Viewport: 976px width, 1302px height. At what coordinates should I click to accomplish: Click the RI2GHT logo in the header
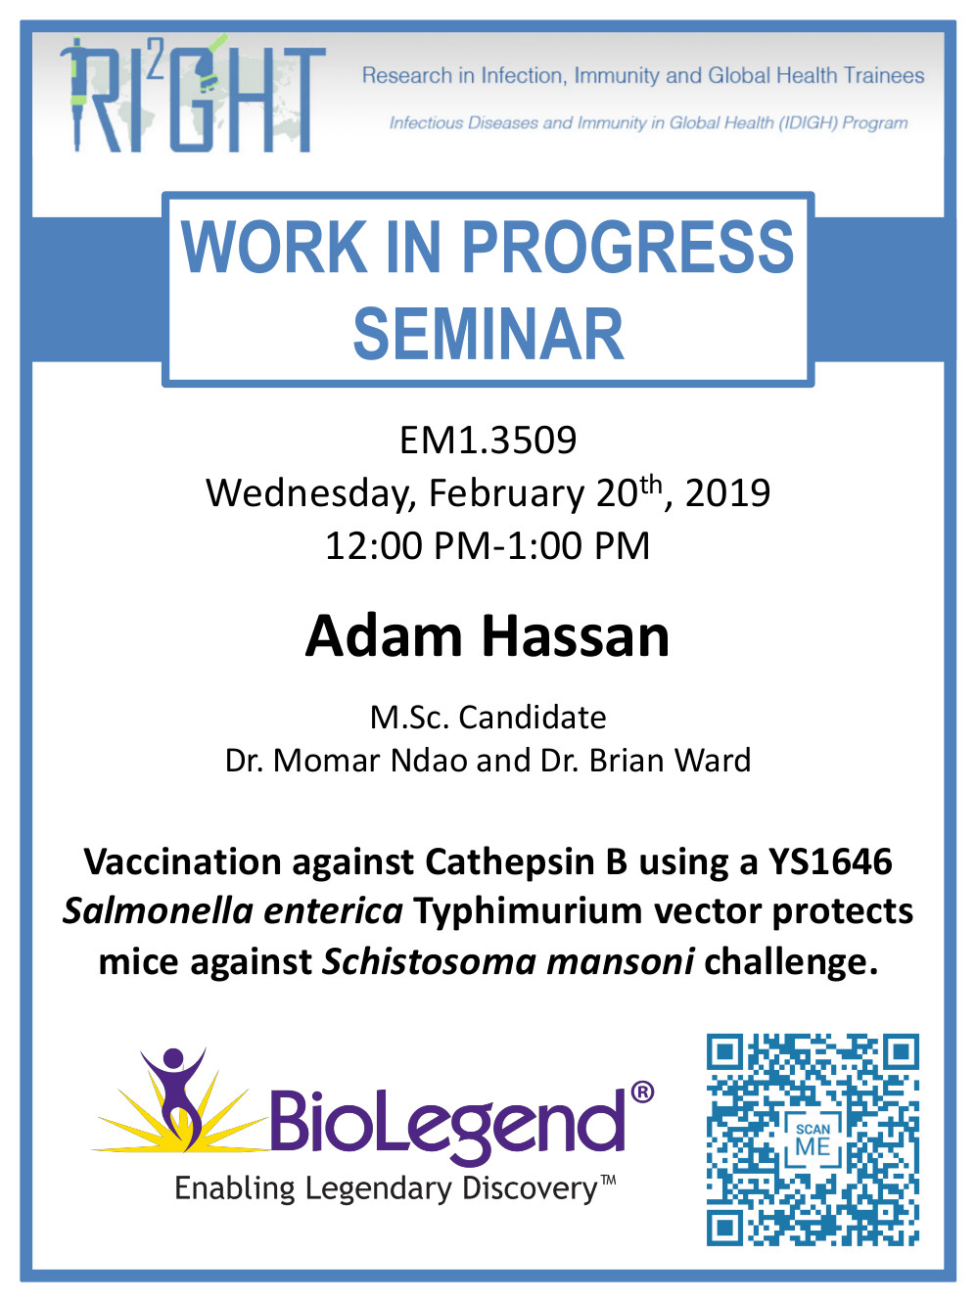(x=193, y=94)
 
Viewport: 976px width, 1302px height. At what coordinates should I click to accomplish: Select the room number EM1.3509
(x=488, y=441)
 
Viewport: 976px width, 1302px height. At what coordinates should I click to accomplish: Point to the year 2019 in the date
(x=727, y=492)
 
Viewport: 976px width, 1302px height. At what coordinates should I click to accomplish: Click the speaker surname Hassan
(x=576, y=636)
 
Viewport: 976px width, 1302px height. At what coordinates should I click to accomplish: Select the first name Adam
(x=383, y=636)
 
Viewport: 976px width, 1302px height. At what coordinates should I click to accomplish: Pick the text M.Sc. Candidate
(x=488, y=718)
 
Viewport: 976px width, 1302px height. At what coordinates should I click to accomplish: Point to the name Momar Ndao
(x=370, y=761)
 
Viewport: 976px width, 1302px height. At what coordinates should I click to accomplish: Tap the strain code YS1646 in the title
(x=830, y=861)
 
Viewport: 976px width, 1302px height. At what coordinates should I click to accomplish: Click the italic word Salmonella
(x=159, y=911)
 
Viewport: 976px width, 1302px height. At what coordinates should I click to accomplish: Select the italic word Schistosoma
(x=430, y=961)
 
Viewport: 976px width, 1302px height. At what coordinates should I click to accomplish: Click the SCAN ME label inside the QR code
(x=813, y=1141)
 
